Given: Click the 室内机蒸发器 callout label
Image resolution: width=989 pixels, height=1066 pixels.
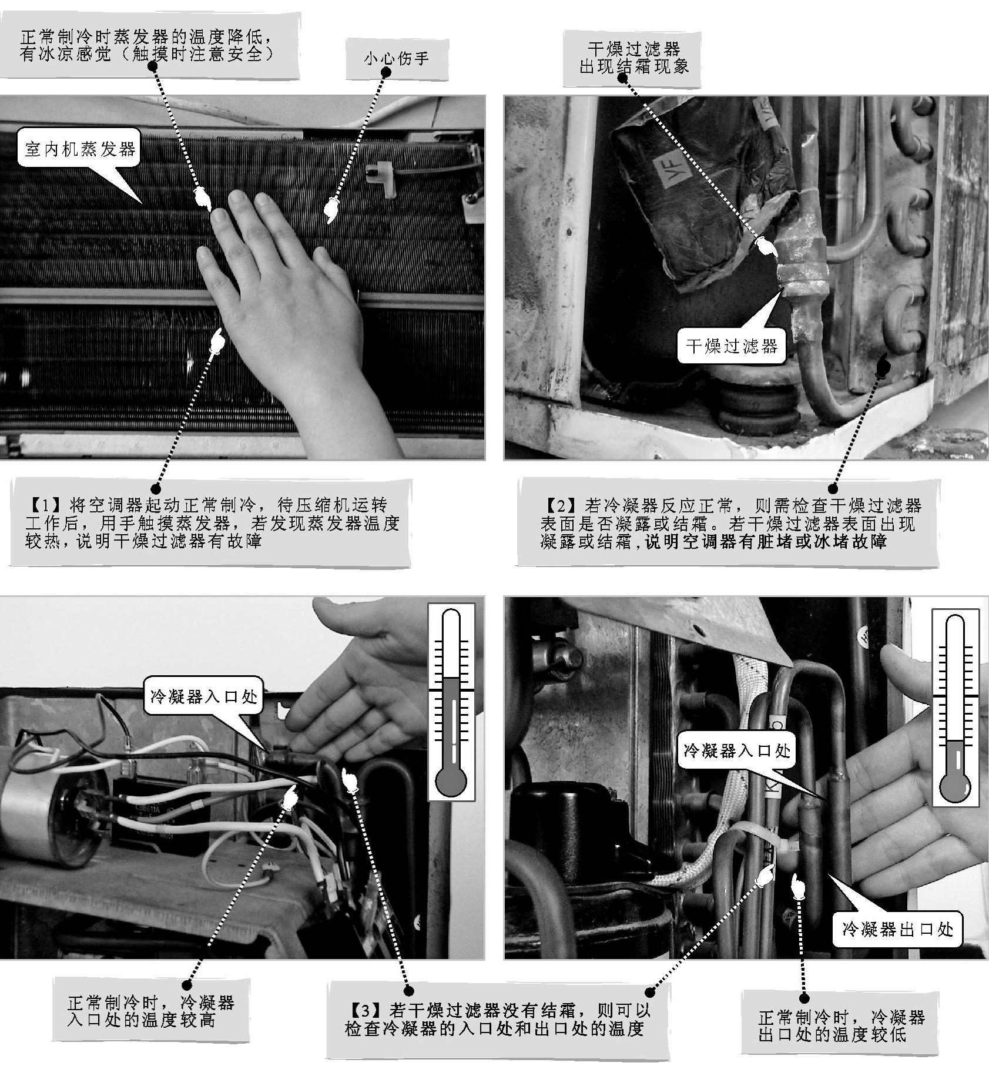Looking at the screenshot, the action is point(80,148).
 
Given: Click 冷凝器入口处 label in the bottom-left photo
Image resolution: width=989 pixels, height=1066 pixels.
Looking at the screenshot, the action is point(204,697).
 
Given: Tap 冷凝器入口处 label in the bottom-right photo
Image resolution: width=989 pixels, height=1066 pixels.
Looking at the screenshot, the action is point(737,750).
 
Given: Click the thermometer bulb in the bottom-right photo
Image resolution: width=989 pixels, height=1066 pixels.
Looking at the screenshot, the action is point(956,786).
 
